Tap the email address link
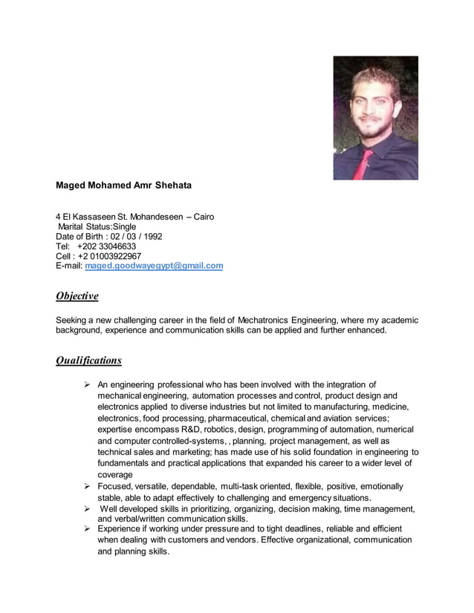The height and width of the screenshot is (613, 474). click(154, 266)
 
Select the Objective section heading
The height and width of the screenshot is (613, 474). click(77, 296)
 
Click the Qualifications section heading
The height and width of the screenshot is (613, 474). click(88, 361)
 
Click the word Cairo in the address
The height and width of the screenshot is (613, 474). click(204, 217)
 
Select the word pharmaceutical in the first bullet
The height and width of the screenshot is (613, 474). click(216, 419)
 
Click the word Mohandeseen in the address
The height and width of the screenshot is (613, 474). click(156, 217)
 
